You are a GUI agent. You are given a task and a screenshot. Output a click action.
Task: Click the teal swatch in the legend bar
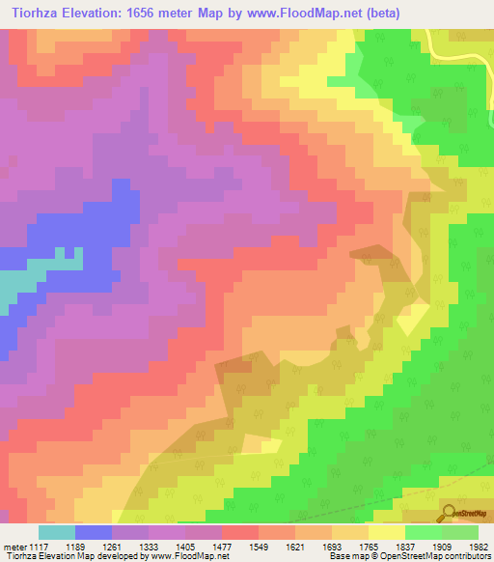coord(56,532)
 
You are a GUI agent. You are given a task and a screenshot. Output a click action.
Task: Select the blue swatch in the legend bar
coord(94,532)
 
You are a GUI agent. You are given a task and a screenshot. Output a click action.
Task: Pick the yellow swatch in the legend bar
coord(387,532)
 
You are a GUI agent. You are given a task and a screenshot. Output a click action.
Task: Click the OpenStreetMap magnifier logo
coord(450,512)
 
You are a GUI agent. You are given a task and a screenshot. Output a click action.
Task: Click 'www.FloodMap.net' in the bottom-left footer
coord(192,556)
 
